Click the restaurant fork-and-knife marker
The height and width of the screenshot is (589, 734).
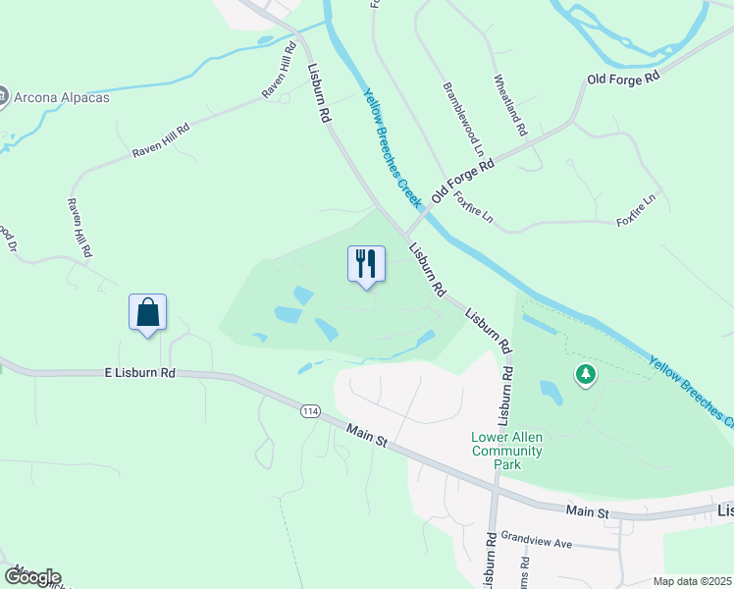[366, 263]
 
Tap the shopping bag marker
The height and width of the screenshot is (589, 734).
[147, 312]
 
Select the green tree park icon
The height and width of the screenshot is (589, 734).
[586, 374]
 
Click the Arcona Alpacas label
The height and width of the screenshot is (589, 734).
[61, 97]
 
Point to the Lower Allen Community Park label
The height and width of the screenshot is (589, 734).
[506, 451]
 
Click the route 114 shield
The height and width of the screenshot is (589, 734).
[311, 411]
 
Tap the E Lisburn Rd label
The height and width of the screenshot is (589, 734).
[139, 373]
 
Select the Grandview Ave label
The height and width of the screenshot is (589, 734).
[536, 540]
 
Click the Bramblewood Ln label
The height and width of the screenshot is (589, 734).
[462, 119]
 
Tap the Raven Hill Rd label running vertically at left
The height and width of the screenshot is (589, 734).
[79, 227]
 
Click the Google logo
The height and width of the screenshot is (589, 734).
[31, 577]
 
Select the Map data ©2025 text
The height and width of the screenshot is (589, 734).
[692, 581]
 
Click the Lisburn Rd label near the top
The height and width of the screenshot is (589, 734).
[317, 93]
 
